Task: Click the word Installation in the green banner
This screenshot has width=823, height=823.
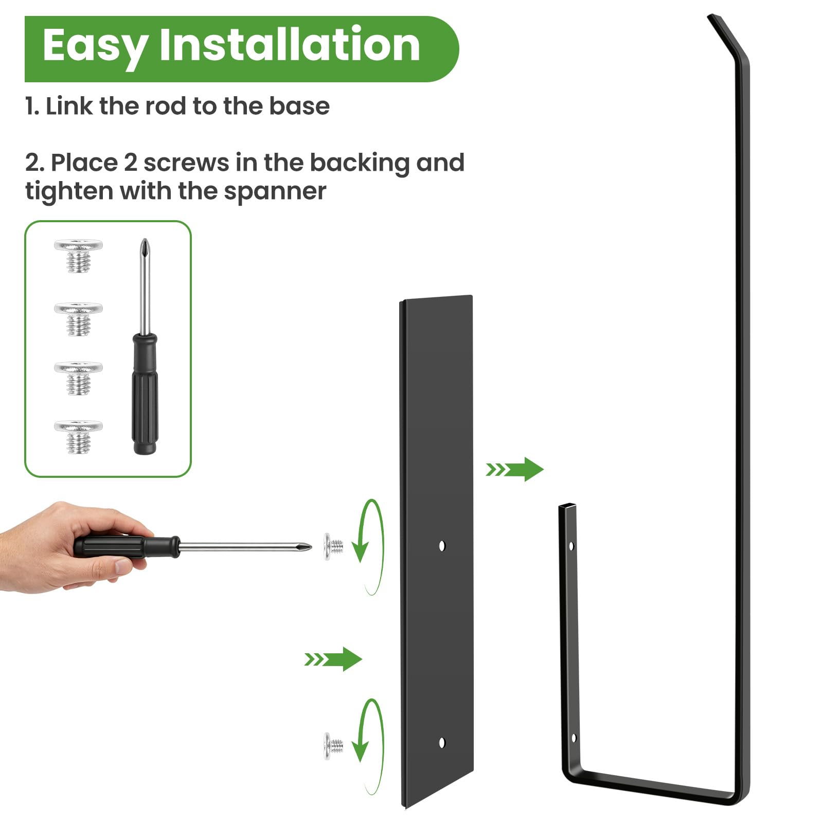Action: click(x=290, y=45)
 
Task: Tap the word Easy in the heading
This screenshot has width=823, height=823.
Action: click(x=96, y=48)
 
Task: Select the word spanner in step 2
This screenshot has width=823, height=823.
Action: click(x=275, y=192)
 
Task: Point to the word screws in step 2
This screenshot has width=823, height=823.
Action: click(x=186, y=163)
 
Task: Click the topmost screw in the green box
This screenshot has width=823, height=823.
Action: click(x=78, y=255)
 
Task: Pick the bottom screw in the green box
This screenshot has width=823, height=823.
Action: click(x=78, y=437)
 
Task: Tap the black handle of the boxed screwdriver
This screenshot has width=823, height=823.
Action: click(x=145, y=393)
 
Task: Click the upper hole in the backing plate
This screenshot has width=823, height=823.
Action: click(x=442, y=546)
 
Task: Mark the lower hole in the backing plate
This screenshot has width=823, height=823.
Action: click(x=442, y=742)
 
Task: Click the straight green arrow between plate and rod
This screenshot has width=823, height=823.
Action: click(x=514, y=469)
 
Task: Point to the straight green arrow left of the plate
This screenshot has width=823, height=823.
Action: click(x=333, y=659)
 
